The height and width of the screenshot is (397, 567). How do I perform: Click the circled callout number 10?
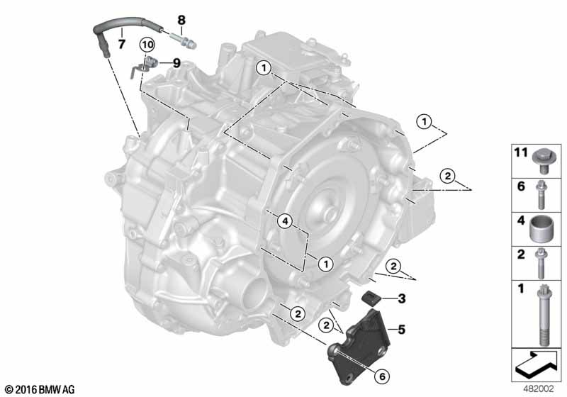pyautogui.click(x=147, y=45)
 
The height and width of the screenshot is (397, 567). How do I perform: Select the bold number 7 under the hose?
pyautogui.click(x=122, y=44)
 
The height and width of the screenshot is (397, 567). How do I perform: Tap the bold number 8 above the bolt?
pyautogui.click(x=181, y=20)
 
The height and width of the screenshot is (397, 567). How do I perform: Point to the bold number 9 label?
pyautogui.click(x=176, y=63)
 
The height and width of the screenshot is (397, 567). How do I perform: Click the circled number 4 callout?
pyautogui.click(x=286, y=221)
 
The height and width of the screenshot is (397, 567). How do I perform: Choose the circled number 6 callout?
pyautogui.click(x=382, y=376)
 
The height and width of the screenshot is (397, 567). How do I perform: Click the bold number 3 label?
pyautogui.click(x=401, y=298)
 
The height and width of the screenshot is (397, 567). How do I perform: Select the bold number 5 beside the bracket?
pyautogui.click(x=401, y=330)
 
